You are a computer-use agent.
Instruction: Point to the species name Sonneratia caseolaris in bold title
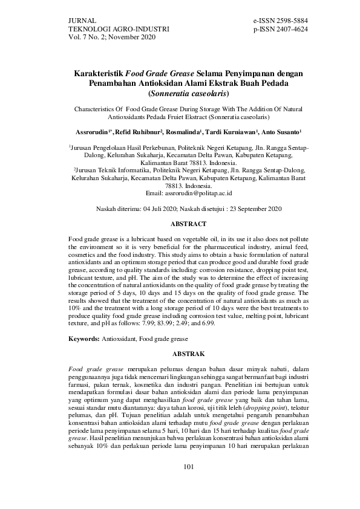pos(189,94)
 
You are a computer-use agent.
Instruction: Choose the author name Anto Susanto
pos(281,131)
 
